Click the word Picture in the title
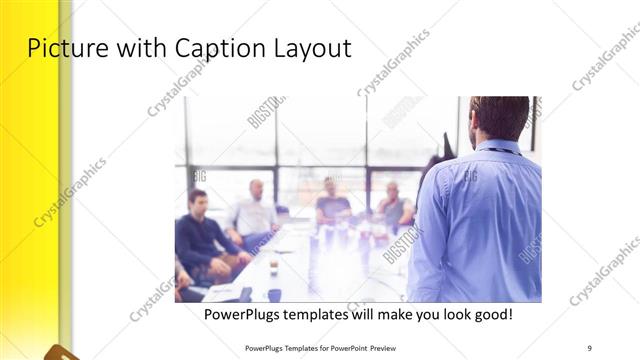click(66, 48)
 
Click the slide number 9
click(590, 348)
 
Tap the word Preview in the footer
click(391, 348)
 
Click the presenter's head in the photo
click(499, 117)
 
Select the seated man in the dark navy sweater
click(200, 235)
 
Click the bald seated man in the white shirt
click(255, 210)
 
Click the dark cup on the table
click(274, 294)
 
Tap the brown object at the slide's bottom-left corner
click(60, 352)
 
